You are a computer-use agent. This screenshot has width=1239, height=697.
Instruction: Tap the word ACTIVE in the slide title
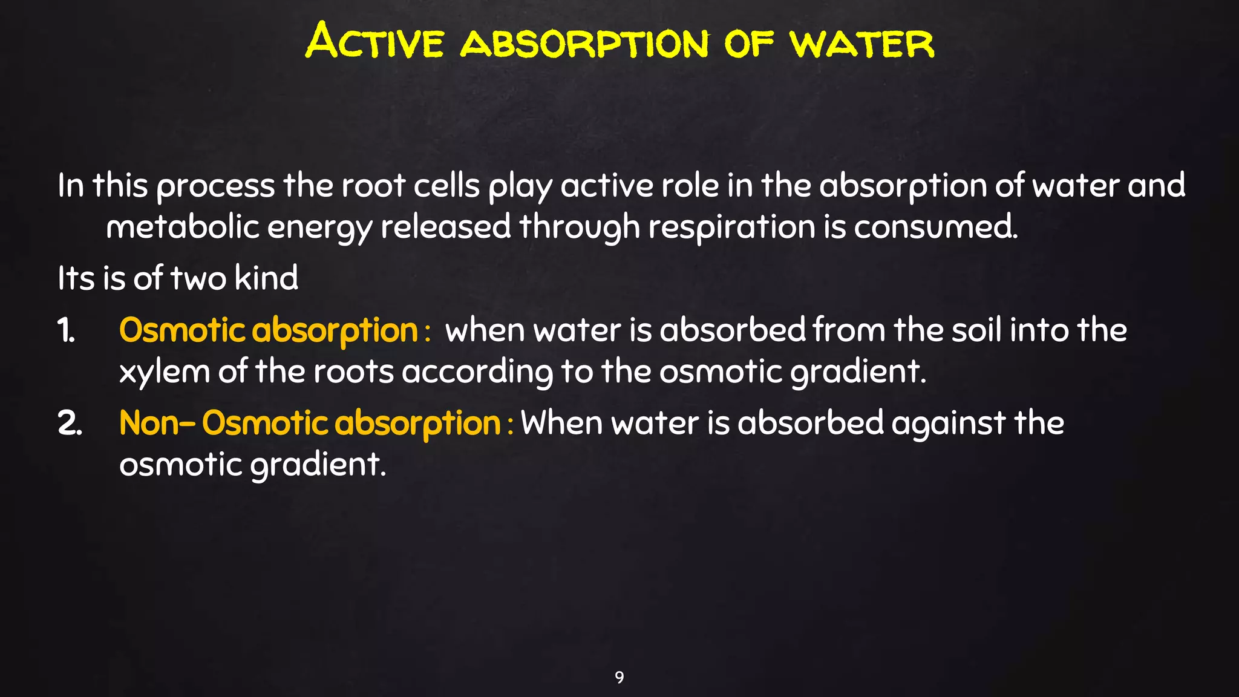coord(374,41)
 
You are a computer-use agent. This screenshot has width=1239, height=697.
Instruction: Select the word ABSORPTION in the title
coord(584,44)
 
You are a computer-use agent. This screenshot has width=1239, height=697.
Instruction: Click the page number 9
coord(619,677)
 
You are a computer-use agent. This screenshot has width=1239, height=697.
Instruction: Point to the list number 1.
coord(66,331)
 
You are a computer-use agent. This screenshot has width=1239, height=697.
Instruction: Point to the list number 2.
coord(70,423)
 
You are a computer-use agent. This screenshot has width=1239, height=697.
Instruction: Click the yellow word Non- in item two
coord(157,422)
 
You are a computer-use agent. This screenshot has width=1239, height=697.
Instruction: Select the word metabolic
coord(182,227)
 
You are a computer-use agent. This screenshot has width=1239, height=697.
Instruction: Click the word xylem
coord(164,371)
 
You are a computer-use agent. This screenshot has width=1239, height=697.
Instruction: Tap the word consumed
coord(935,227)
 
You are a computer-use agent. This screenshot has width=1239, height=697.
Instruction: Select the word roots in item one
coord(353,371)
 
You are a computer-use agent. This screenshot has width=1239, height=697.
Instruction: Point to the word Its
coord(76,278)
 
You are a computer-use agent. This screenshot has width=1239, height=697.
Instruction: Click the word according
coord(477,372)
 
